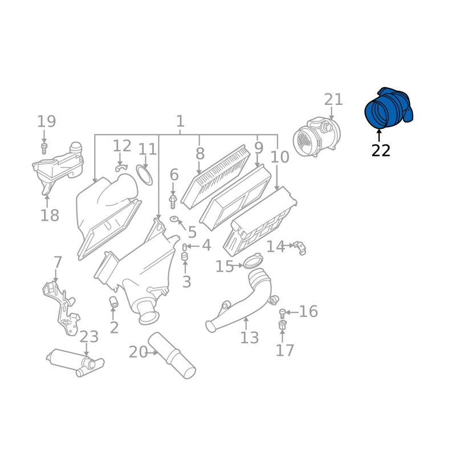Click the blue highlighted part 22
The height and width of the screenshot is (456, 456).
point(389,108)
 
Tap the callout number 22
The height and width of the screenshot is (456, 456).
point(381,150)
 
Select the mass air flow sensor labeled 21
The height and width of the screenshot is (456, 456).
point(316,137)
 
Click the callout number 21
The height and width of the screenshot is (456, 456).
point(333,99)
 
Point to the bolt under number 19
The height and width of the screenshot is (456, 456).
point(44,148)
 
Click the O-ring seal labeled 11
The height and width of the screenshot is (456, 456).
point(144,175)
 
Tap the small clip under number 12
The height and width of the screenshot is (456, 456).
point(121,168)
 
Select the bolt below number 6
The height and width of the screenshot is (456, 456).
point(173,202)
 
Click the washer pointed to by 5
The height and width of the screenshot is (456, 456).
point(174,219)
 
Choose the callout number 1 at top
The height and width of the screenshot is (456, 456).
point(180,121)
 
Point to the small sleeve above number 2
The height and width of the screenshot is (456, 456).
point(113,302)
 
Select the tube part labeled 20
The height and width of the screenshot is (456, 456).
point(172,355)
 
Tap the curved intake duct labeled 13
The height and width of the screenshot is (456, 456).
point(241,300)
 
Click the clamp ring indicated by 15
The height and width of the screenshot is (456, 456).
point(253,261)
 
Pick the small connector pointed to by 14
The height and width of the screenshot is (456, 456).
point(300,248)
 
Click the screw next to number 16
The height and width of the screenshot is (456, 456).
point(282,313)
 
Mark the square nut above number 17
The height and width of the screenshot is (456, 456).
point(282,325)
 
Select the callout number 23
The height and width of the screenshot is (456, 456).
point(89,337)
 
